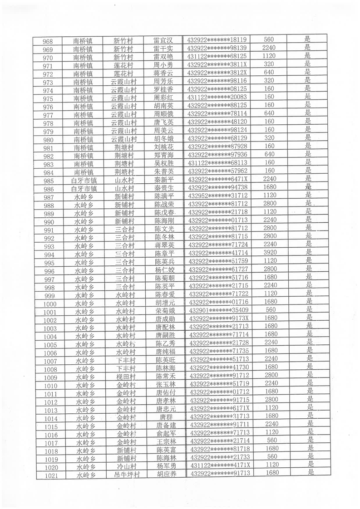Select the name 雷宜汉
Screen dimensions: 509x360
(163, 40)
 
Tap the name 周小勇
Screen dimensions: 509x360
(163, 65)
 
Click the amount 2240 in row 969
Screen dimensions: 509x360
(269, 48)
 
